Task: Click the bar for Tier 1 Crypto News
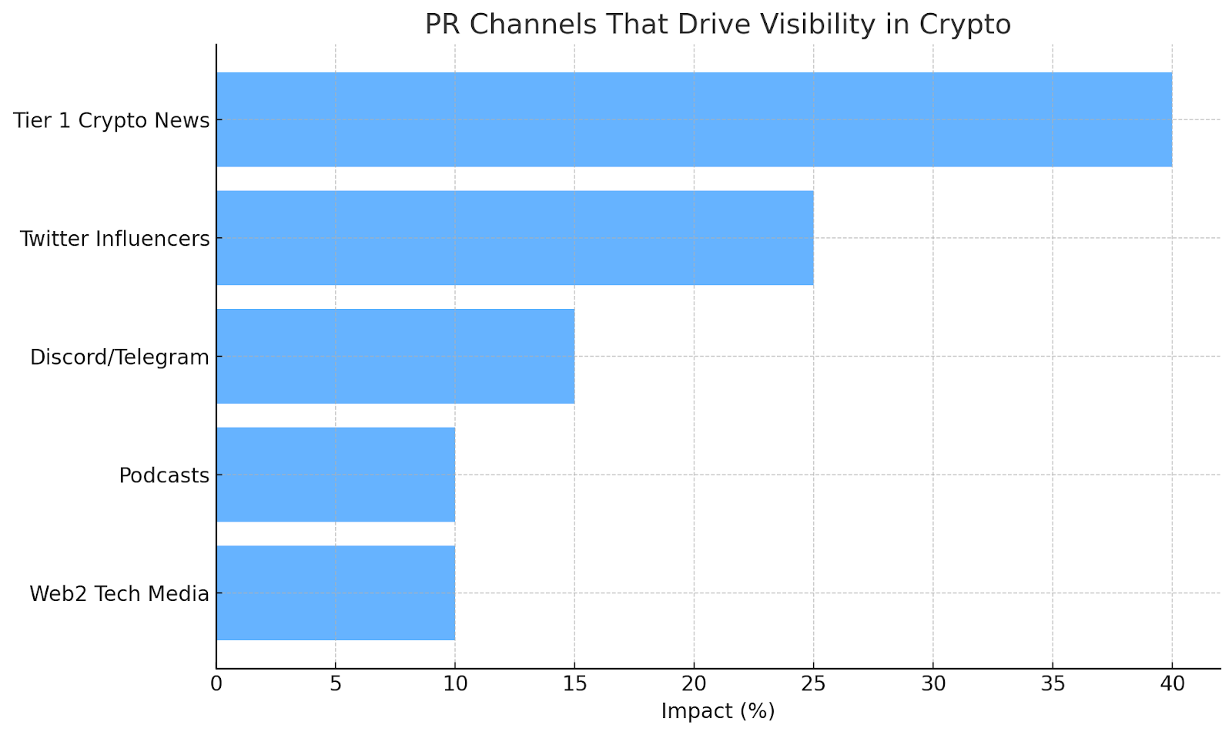click(x=693, y=119)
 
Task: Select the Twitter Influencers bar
click(x=514, y=238)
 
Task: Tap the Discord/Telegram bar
click(x=395, y=356)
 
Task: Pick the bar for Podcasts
click(x=336, y=475)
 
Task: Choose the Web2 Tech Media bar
click(x=336, y=593)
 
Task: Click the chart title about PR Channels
click(x=718, y=25)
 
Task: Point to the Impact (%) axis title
click(x=718, y=711)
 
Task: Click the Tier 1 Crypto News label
click(x=112, y=121)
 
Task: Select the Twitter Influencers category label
click(x=115, y=239)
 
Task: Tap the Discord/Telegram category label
click(x=119, y=357)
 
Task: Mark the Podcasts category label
click(x=164, y=475)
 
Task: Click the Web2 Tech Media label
click(x=119, y=594)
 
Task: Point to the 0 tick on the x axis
click(x=216, y=683)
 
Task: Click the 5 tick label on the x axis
click(x=336, y=683)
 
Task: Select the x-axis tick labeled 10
click(x=455, y=683)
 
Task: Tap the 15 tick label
click(x=574, y=683)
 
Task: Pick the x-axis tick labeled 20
click(x=694, y=683)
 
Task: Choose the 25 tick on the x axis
click(x=813, y=683)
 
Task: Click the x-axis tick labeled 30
click(x=933, y=683)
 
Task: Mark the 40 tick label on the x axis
click(x=1172, y=683)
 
